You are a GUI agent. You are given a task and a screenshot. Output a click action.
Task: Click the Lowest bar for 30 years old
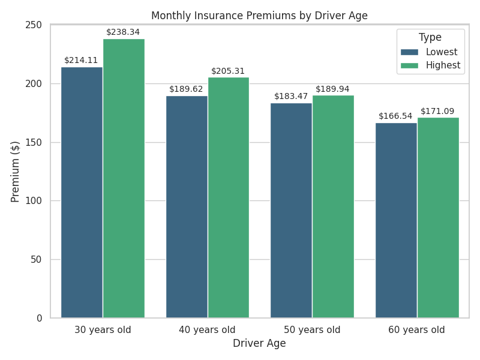[82, 192]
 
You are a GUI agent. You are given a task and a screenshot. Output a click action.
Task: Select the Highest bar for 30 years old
[124, 178]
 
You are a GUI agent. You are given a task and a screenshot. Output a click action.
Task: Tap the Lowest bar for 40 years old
[187, 206]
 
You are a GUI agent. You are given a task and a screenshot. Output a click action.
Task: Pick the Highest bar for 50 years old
[333, 206]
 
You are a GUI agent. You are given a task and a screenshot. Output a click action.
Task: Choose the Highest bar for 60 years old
[438, 217]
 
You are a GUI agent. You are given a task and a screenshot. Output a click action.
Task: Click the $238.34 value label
[123, 32]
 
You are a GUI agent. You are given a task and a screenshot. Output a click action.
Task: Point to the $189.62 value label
[186, 89]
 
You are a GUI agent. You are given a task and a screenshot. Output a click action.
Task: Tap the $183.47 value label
[291, 96]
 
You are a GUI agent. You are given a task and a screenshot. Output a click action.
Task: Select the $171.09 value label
[437, 111]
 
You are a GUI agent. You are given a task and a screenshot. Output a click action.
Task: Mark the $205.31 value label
[228, 71]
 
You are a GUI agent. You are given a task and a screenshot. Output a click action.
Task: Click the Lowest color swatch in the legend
[410, 52]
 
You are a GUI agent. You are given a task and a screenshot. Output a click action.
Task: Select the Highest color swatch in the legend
[410, 65]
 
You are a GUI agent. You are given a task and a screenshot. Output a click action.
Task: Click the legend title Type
[430, 37]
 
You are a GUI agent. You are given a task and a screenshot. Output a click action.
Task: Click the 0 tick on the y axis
[40, 318]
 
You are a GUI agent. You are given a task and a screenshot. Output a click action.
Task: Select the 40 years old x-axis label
[207, 329]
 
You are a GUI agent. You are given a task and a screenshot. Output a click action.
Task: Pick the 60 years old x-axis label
[416, 329]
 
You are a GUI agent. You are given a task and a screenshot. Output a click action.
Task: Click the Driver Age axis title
[259, 344]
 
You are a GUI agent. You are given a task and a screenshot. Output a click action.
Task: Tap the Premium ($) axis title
[16, 172]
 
